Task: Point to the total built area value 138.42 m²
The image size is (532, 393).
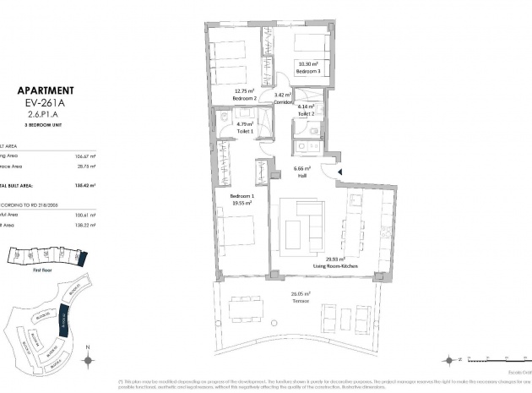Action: [x=85, y=183]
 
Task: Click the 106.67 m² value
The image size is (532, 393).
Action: [x=85, y=156]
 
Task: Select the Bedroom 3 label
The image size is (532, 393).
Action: [x=307, y=72]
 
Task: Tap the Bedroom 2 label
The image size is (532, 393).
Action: [x=245, y=97]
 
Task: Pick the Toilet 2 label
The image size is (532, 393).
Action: [x=306, y=113]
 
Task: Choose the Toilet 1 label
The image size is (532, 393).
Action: [x=245, y=133]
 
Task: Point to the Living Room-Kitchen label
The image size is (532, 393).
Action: [x=335, y=265]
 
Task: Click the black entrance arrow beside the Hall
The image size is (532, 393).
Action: [x=339, y=172]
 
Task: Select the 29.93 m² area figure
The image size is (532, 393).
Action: [x=335, y=259]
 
